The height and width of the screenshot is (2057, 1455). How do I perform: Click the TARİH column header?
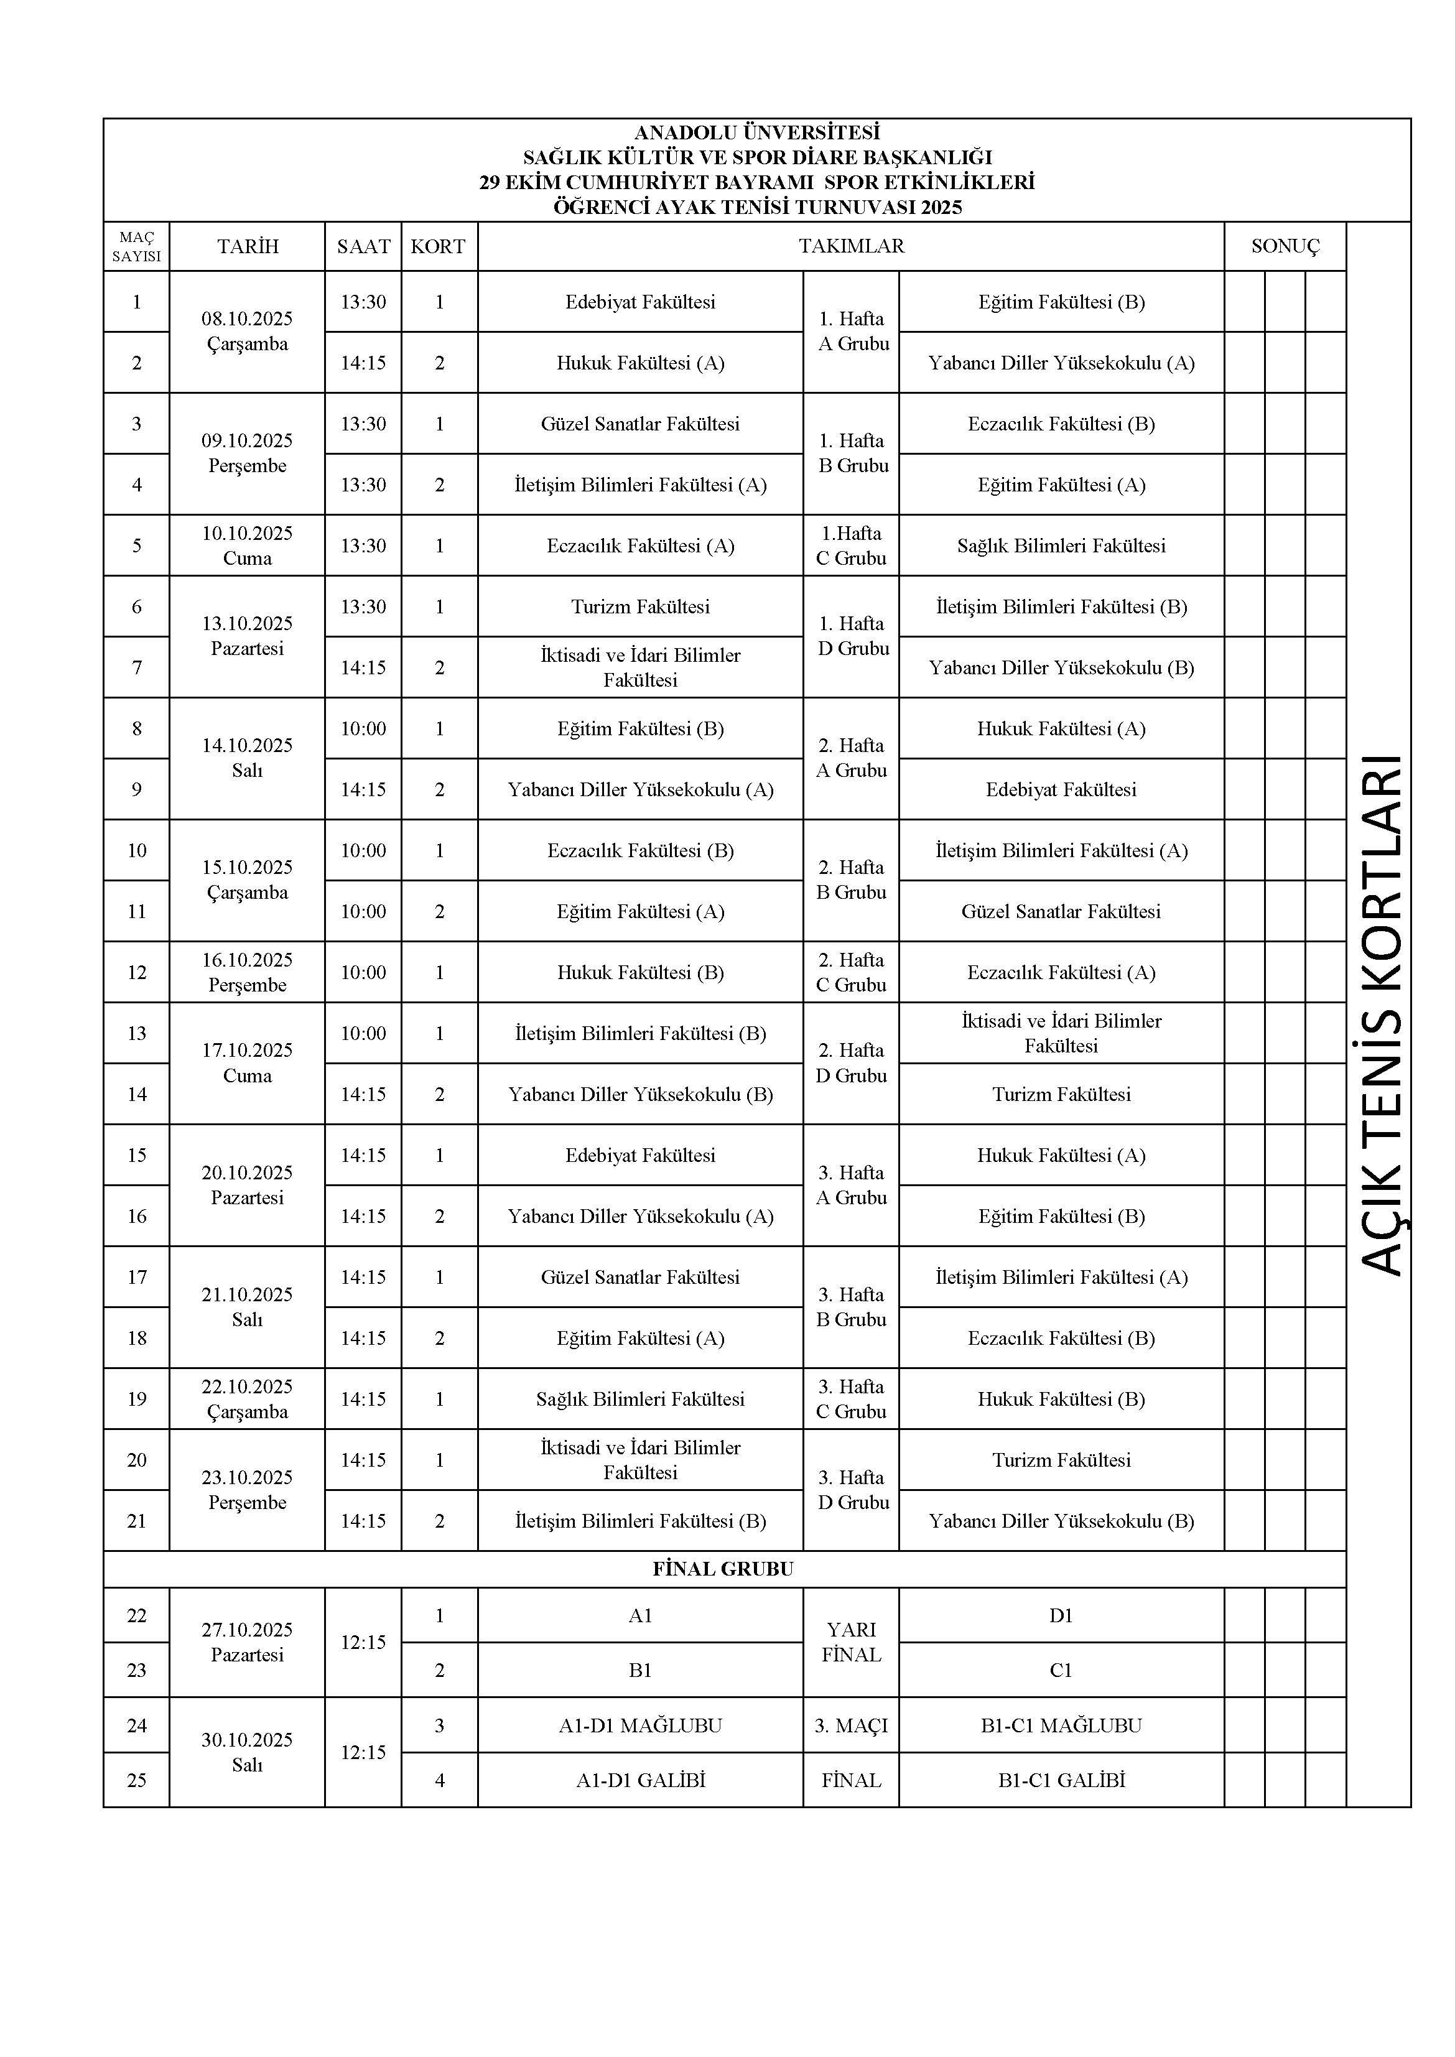(248, 246)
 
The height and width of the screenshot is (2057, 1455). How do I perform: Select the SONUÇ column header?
(1285, 246)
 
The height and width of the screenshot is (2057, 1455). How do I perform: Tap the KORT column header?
(438, 246)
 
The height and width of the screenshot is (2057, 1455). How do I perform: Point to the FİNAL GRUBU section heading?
(723, 1569)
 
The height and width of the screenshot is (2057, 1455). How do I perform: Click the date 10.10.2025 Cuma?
(248, 546)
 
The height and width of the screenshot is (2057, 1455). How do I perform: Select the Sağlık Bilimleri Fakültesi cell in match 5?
(1061, 546)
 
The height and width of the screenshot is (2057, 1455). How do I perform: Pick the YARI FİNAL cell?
(850, 1642)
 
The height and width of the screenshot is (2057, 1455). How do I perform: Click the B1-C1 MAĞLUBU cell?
(1061, 1725)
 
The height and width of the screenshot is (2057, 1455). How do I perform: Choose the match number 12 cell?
(136, 972)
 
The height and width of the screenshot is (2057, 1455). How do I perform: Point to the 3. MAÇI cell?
(850, 1725)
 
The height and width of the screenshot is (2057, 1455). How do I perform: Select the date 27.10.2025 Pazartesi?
(248, 1642)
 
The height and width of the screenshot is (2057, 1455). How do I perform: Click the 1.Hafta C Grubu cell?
(850, 546)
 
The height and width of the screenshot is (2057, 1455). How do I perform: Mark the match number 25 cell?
(136, 1780)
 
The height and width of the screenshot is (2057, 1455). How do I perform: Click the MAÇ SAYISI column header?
(136, 246)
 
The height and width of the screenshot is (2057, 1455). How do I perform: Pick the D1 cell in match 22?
(1061, 1615)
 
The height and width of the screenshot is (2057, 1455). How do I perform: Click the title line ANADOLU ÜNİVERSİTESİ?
(756, 132)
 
